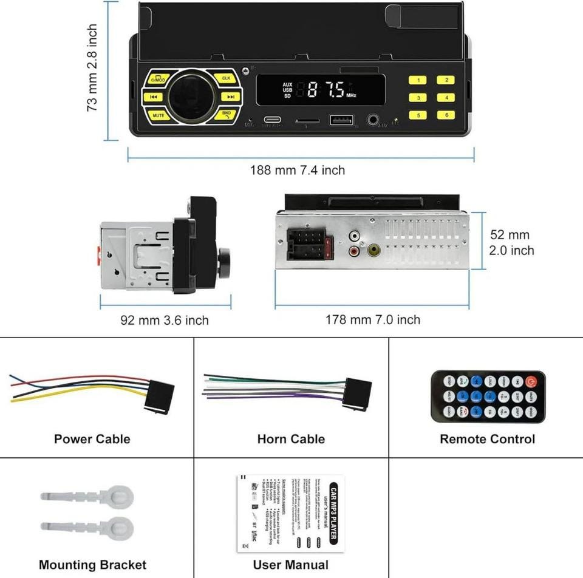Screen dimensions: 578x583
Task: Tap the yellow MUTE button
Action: coord(159,115)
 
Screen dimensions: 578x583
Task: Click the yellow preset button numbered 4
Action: coord(446,97)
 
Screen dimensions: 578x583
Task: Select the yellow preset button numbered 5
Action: coord(418,115)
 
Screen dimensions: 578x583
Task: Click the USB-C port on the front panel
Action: coord(272,120)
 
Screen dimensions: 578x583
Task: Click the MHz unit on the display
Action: coord(352,96)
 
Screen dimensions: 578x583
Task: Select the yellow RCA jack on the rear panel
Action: coord(373,249)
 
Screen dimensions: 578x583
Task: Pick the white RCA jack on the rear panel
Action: coord(355,235)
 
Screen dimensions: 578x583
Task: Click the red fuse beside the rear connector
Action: coord(329,246)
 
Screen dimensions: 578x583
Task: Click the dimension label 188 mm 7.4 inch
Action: coord(298,170)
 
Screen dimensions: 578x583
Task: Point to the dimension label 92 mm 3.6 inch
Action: coord(164,320)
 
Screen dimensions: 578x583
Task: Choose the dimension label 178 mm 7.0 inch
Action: coord(373,319)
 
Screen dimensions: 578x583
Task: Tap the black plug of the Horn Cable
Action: coord(358,395)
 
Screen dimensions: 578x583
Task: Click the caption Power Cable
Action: coord(92,439)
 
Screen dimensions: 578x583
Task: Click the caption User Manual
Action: coord(291,565)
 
